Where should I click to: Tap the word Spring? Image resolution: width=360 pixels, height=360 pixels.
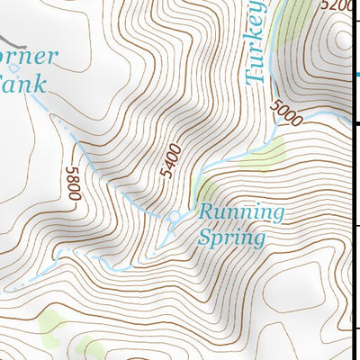coord(232,238)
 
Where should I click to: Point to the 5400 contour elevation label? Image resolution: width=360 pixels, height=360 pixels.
coord(170,159)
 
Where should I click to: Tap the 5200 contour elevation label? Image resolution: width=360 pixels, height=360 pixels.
coord(338,6)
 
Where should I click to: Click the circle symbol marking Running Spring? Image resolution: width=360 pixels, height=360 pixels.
coord(175,216)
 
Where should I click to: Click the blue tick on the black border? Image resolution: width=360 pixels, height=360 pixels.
coord(355,76)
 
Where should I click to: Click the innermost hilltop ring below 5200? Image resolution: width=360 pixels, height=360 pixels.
coord(342,40)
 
